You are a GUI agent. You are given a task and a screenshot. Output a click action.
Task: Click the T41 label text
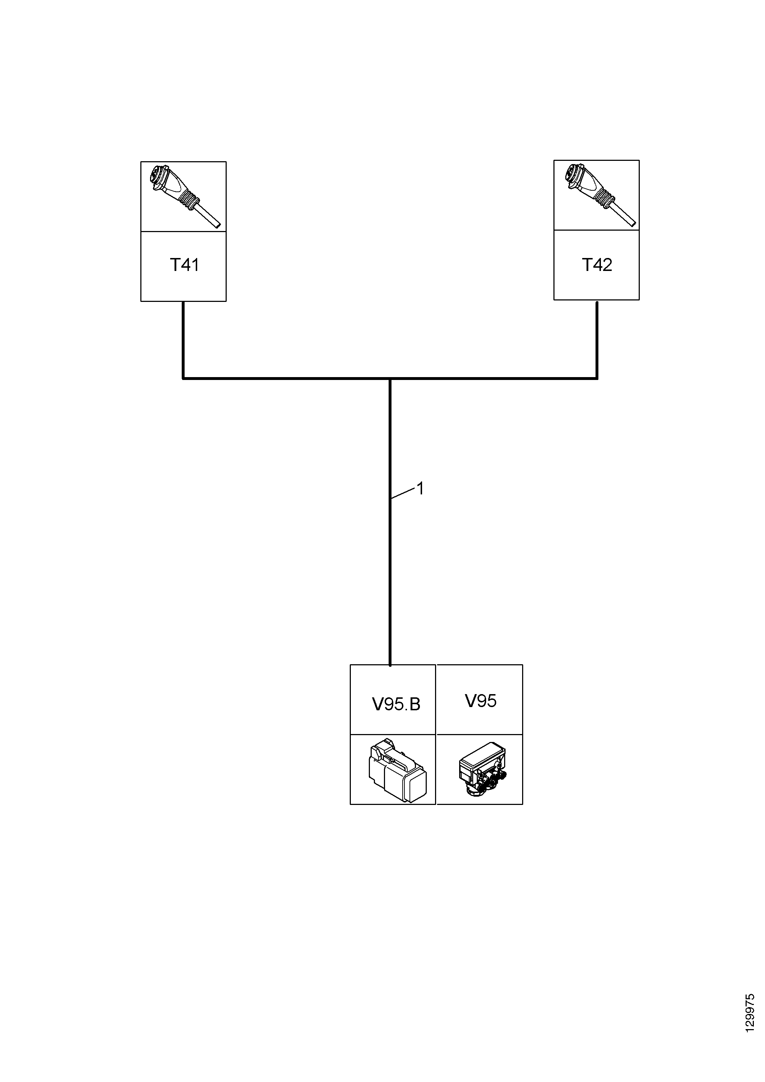click(x=184, y=265)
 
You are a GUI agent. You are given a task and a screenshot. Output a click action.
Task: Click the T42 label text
click(x=597, y=265)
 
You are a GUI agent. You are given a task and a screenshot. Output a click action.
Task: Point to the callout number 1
click(x=420, y=489)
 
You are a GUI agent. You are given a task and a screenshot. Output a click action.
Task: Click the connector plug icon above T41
click(x=184, y=196)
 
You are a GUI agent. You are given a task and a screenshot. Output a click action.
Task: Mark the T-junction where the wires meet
click(x=390, y=378)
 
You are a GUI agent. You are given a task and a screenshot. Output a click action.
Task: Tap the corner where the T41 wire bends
click(x=183, y=378)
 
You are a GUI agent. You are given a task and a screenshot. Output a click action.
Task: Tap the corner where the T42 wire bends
click(x=597, y=378)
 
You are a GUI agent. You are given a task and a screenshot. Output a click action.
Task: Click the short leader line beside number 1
click(x=402, y=493)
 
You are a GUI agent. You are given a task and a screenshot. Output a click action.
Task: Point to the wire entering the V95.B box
click(x=390, y=522)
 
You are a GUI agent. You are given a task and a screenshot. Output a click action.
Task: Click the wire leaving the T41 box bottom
click(x=183, y=339)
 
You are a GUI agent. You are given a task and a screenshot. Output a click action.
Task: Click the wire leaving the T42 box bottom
click(x=597, y=339)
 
